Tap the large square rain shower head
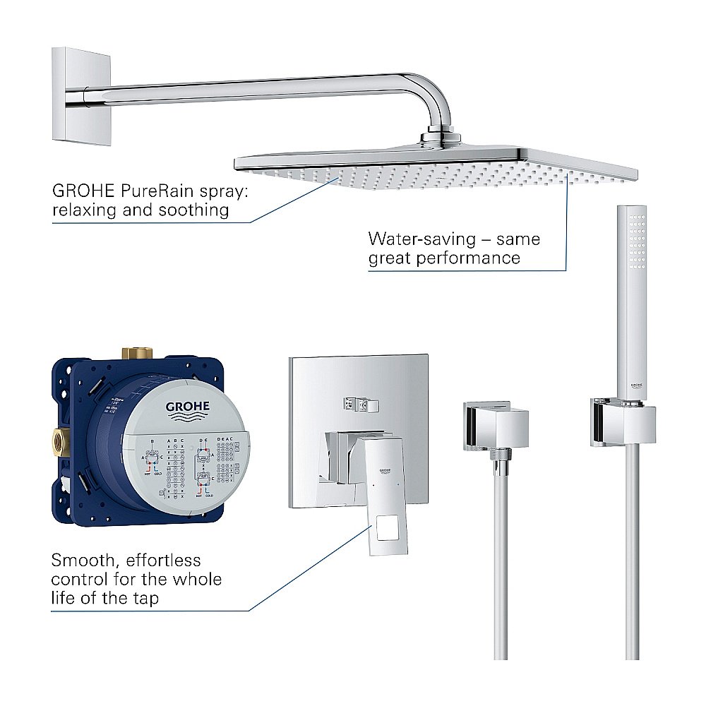point(438,166)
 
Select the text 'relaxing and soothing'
point(140,210)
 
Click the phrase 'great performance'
point(444,258)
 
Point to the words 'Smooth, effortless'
point(126,561)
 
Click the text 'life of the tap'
point(105,598)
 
